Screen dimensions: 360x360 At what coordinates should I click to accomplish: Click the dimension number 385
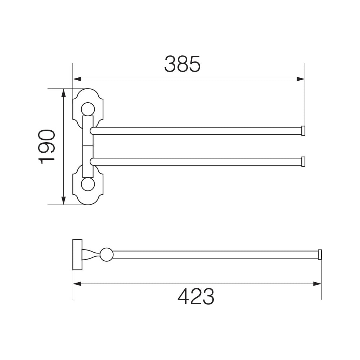182,64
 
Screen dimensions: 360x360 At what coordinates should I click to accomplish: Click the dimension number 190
46,147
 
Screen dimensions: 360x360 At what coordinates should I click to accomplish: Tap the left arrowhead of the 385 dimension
77,79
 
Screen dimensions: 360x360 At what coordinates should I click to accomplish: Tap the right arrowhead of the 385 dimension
301,79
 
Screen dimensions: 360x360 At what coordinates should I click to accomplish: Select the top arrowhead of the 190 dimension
64,93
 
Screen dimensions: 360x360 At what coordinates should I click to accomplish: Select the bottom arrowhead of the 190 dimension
64,201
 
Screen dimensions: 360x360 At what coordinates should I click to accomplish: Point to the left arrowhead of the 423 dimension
77,284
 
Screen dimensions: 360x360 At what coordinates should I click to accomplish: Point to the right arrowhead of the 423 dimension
317,284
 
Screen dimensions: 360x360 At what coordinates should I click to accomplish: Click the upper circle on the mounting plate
88,109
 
